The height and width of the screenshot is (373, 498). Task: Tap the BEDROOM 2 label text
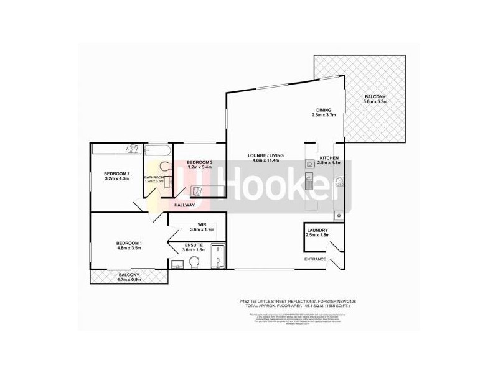(116, 173)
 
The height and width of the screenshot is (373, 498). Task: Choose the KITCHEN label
(329, 158)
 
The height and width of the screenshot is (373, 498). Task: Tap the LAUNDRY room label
(317, 230)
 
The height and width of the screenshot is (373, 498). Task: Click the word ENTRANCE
(315, 259)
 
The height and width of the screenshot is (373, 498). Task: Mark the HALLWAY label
(186, 205)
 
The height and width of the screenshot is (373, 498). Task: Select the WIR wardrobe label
(202, 224)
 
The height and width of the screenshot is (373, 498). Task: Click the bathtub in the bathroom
(158, 151)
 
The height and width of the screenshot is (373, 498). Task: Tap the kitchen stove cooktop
(339, 182)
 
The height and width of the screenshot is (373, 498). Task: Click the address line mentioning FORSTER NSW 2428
(301, 302)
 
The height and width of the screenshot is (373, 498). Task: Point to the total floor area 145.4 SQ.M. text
(301, 308)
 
